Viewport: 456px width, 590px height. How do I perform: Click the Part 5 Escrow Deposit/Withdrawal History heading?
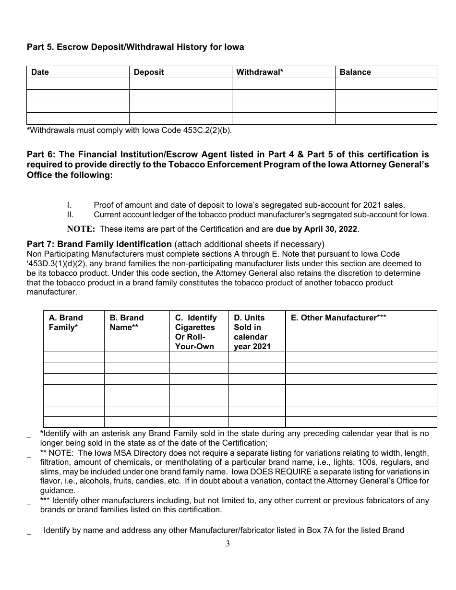coord(135,47)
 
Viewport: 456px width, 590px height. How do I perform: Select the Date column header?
coord(40,72)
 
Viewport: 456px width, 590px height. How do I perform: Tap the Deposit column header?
coord(149,72)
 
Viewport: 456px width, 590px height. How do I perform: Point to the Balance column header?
coord(355,72)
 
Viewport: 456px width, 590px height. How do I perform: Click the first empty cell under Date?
coord(78,83)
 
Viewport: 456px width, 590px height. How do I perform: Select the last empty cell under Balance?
coord(386,118)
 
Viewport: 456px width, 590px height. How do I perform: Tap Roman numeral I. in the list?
coord(69,205)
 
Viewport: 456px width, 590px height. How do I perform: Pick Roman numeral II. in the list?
coord(70,214)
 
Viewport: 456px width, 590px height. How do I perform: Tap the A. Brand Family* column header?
coord(66,322)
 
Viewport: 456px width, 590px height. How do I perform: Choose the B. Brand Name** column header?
coord(127,322)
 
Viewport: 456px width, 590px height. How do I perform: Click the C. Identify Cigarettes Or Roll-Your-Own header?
coord(196,332)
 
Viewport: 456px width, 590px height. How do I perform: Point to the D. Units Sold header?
coord(252,332)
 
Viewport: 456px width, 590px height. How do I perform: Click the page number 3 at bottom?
coord(228,543)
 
